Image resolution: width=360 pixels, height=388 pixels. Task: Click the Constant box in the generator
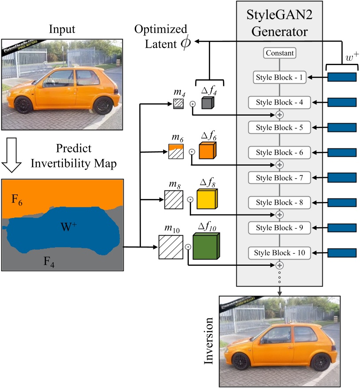[x=279, y=53]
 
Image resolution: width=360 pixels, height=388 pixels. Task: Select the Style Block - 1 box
[x=279, y=78]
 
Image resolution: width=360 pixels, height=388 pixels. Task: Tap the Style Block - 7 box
[x=279, y=178]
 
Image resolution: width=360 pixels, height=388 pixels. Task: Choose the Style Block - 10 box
[x=279, y=253]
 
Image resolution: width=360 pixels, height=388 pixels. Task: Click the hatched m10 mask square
[x=171, y=247]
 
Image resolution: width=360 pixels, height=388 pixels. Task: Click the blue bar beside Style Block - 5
[x=342, y=128]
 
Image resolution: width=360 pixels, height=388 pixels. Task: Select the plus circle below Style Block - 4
[x=279, y=115]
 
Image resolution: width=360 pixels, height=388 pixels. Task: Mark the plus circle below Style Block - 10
[x=279, y=265]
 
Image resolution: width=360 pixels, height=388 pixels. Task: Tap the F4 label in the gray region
[x=49, y=261]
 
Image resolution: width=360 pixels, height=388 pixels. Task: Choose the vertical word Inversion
[x=210, y=341]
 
